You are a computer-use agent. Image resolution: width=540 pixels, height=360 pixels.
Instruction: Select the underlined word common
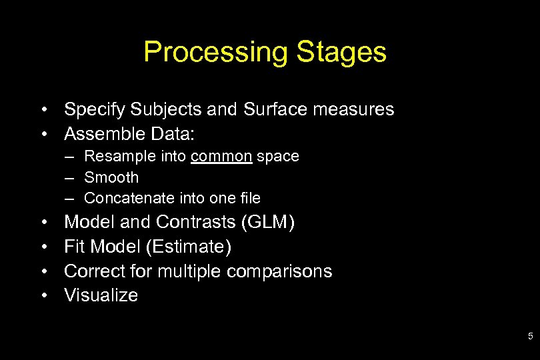[221, 157]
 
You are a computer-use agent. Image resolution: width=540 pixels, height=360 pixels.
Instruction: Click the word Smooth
[111, 177]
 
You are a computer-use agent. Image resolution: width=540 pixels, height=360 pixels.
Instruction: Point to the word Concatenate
[128, 198]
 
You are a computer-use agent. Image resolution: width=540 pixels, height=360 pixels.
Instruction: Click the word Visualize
[101, 295]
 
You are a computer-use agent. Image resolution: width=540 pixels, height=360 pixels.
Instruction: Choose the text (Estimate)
[188, 247]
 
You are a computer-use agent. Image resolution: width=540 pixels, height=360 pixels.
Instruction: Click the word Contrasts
[199, 222]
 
